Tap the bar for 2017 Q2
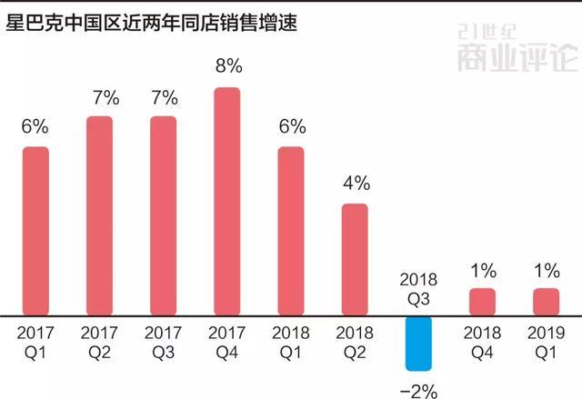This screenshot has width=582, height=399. click(x=99, y=215)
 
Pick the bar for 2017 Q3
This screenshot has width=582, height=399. click(x=163, y=215)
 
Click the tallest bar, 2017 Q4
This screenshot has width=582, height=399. click(x=226, y=201)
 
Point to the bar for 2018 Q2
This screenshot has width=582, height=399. click(x=355, y=259)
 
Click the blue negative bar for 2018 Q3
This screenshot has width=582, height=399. click(x=418, y=343)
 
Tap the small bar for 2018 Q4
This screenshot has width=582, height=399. click(x=482, y=301)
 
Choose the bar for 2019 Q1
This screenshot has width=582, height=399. click(x=546, y=301)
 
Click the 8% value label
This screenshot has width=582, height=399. click(x=227, y=66)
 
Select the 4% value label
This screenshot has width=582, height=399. click(x=356, y=183)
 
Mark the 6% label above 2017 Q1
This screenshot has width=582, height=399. click(x=35, y=126)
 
